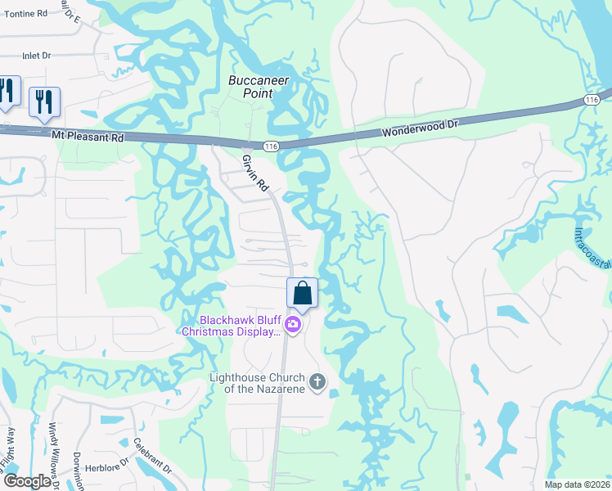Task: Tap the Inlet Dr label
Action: click(x=37, y=56)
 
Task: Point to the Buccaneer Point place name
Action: click(x=250, y=88)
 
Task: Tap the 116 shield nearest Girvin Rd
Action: click(x=272, y=146)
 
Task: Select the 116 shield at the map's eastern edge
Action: click(x=592, y=99)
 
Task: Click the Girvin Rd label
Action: click(x=255, y=173)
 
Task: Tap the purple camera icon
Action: click(x=293, y=326)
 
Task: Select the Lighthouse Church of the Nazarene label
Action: click(x=257, y=382)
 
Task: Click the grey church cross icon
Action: click(x=317, y=381)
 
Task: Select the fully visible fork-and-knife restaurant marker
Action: click(x=44, y=101)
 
